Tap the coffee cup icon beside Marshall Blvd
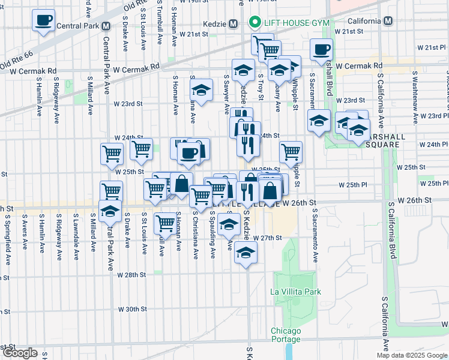click(x=321, y=49)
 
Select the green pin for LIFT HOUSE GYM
click(x=255, y=23)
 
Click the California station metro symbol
click(x=388, y=21)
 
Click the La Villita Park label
click(x=296, y=292)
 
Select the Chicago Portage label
click(x=286, y=335)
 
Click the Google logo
click(x=20, y=353)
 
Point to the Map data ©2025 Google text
click(x=412, y=355)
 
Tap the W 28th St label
click(x=132, y=275)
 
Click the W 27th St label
click(x=267, y=238)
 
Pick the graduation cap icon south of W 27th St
click(x=245, y=253)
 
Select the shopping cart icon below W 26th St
click(x=165, y=223)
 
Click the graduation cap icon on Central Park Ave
click(x=110, y=211)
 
